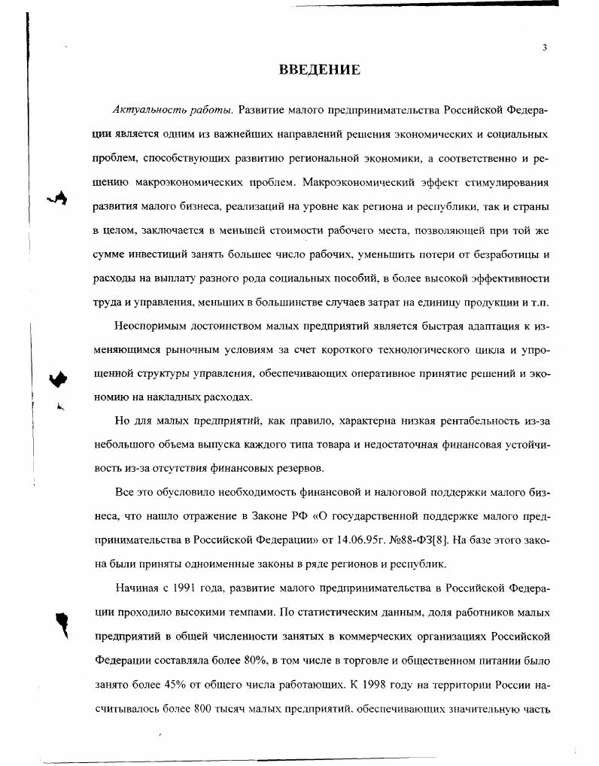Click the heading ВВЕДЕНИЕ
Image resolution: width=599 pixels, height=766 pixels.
click(320, 71)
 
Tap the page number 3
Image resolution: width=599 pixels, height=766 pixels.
click(543, 47)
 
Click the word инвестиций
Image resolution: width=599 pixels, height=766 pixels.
click(169, 254)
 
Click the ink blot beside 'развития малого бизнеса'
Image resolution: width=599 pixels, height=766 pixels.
click(57, 198)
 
